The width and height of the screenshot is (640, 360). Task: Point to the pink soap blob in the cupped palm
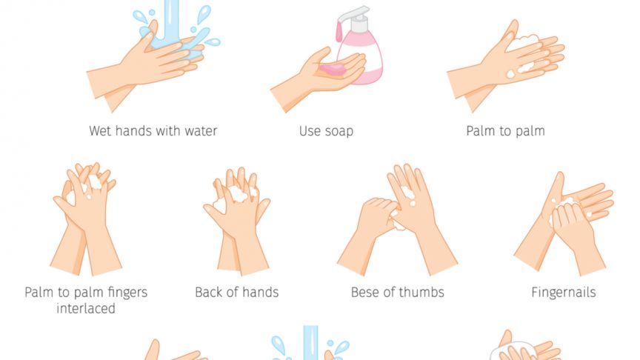[x=333, y=69]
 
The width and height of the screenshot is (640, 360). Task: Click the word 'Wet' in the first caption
[x=100, y=131]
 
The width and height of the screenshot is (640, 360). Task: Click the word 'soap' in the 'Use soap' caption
[x=339, y=131]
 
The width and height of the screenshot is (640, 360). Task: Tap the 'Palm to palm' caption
[x=505, y=131]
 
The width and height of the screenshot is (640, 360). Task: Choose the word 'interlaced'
[x=86, y=309]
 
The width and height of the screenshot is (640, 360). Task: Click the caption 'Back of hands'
[x=237, y=293]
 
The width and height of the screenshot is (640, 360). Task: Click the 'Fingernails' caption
[x=563, y=293]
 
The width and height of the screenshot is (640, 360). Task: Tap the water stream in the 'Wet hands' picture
[x=170, y=22]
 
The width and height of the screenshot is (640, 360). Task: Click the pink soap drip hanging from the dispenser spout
[x=339, y=32]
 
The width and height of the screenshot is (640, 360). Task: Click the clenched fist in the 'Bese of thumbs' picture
[x=376, y=216]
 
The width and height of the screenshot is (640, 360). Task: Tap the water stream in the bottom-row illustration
[x=310, y=342]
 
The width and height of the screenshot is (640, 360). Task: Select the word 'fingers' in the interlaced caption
[x=127, y=293]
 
